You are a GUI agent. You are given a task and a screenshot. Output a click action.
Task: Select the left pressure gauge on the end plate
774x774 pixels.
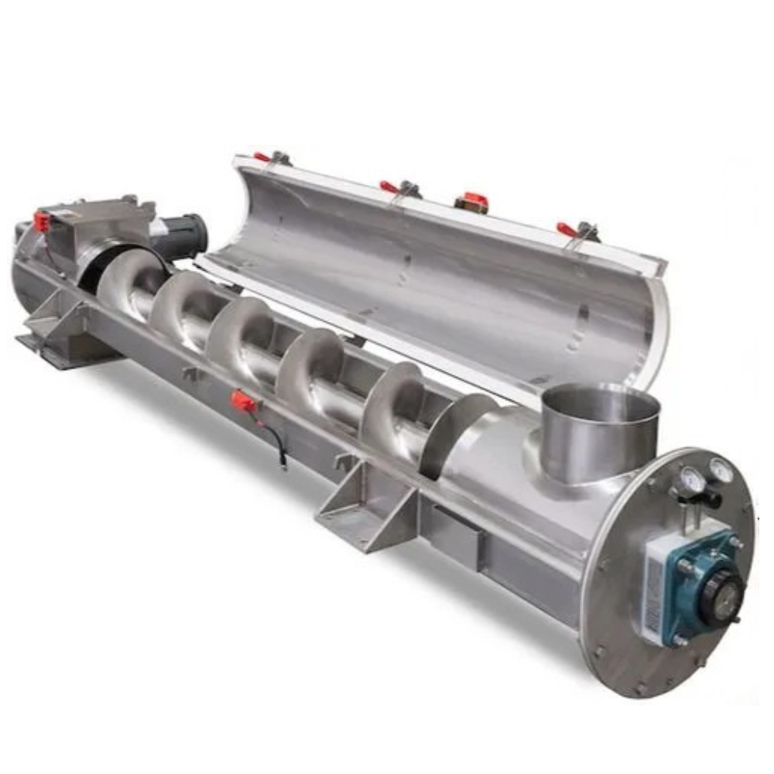pyautogui.click(x=691, y=481)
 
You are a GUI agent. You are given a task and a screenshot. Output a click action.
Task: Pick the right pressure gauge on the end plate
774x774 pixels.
pyautogui.click(x=721, y=469)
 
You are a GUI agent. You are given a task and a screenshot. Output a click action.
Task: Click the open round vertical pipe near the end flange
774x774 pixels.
pyautogui.click(x=600, y=430)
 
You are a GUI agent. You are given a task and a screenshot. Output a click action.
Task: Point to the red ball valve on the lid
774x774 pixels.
pyautogui.click(x=471, y=202)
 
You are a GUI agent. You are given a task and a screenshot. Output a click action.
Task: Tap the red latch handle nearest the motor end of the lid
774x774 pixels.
pyautogui.click(x=264, y=156)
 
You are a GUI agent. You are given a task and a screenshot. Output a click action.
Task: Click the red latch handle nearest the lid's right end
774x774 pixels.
pyautogui.click(x=569, y=229)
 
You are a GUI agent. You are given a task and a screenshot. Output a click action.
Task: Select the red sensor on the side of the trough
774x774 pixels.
pyautogui.click(x=243, y=400)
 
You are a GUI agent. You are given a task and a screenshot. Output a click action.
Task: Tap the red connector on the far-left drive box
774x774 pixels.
pyautogui.click(x=41, y=222)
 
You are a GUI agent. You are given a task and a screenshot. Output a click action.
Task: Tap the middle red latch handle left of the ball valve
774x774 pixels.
pyautogui.click(x=390, y=187)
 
